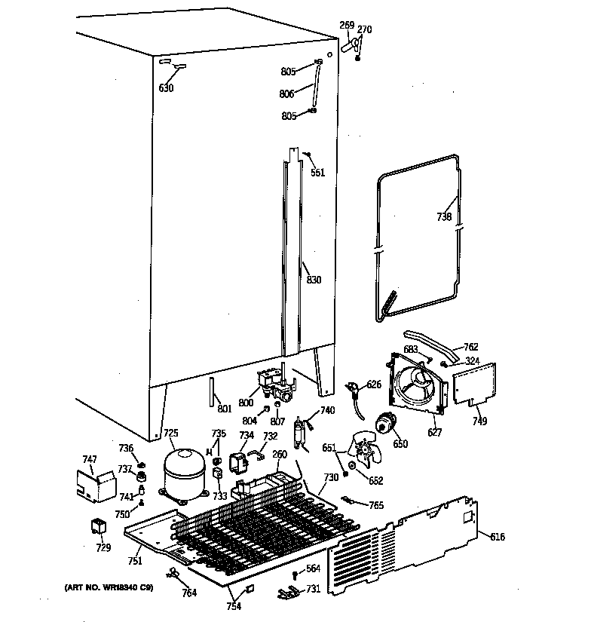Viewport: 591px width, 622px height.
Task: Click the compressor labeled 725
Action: (x=184, y=471)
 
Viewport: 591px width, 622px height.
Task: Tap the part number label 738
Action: (x=444, y=217)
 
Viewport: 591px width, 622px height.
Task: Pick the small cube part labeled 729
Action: (x=99, y=526)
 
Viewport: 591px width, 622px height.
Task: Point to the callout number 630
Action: (x=166, y=88)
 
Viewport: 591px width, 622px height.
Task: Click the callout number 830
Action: (x=314, y=280)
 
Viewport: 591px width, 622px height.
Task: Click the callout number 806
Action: (x=287, y=93)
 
